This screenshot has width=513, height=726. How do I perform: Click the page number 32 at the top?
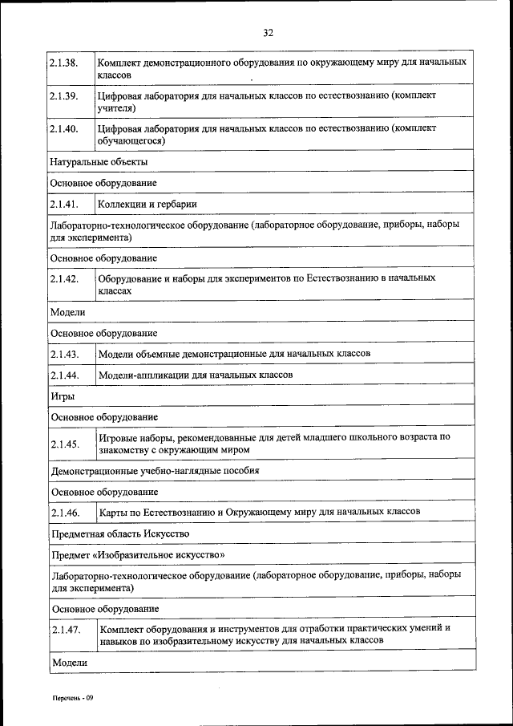point(269,32)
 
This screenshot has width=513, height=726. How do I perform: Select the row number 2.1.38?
point(63,62)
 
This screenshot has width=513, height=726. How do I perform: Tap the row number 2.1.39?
point(63,95)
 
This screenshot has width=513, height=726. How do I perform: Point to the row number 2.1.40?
point(63,128)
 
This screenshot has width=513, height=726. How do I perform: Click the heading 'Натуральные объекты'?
point(99,162)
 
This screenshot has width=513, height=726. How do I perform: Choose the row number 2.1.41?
point(63,205)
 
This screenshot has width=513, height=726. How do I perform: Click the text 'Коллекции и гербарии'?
point(147,205)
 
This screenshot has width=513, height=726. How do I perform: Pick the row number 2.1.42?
point(63,279)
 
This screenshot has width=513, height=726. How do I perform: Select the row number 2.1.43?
point(63,354)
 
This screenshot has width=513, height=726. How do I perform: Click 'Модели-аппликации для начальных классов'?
point(195,375)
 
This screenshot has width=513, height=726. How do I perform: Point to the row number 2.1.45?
point(63,444)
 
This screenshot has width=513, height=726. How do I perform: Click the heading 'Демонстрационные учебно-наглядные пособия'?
point(155,470)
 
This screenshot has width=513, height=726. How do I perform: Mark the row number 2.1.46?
point(63,512)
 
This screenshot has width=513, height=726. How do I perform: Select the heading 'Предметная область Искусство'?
point(120,533)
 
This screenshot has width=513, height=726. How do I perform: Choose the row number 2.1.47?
point(63,631)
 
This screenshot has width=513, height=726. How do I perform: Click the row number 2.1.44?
point(63,375)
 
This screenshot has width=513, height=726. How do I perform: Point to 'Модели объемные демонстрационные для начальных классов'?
point(233,354)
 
